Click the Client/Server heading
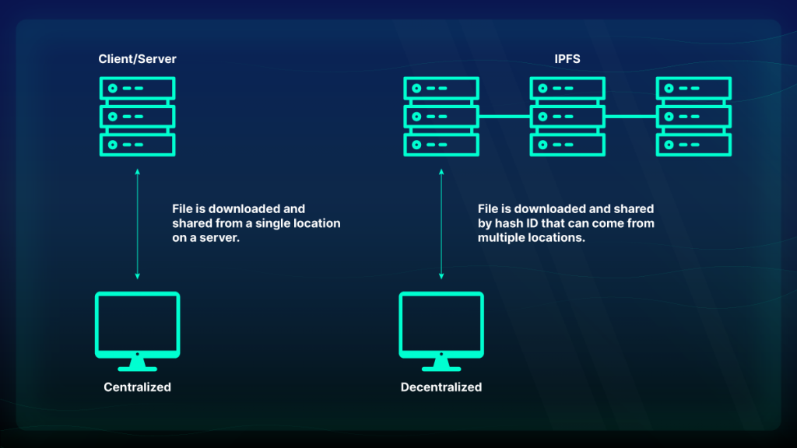[x=137, y=59]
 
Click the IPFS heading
[x=567, y=59]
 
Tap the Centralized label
[x=137, y=387]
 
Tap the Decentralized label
[x=441, y=387]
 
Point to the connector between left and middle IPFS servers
[x=504, y=117]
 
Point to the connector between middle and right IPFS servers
[x=630, y=117]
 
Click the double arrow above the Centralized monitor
[x=137, y=224]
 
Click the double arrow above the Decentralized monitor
[x=441, y=224]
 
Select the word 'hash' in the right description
[x=508, y=223]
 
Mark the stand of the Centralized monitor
[x=137, y=364]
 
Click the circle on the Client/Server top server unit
[x=113, y=89]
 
